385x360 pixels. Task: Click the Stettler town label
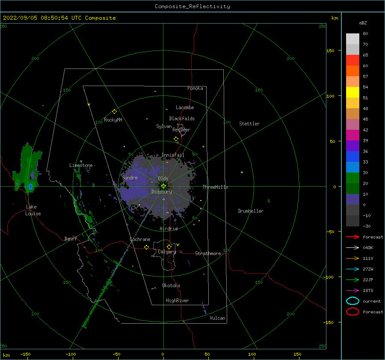249,124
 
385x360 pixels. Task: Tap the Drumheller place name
251,211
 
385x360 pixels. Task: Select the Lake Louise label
33,210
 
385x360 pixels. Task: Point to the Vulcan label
217,318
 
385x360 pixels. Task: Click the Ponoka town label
195,88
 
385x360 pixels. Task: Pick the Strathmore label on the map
208,253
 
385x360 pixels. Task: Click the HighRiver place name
178,300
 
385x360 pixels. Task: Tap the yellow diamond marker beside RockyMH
114,112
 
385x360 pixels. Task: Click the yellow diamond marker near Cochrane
146,247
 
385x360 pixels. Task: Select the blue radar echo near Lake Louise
30,187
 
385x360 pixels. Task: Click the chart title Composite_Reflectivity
192,6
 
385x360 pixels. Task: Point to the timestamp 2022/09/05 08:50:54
36,18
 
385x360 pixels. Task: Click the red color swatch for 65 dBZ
352,60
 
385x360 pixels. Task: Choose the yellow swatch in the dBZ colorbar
352,92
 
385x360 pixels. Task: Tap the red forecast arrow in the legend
352,237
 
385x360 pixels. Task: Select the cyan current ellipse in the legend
352,301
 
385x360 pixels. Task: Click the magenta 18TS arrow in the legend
352,291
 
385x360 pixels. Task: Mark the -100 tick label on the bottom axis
71,354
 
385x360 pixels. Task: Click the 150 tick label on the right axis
330,51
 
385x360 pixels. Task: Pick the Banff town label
71,238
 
